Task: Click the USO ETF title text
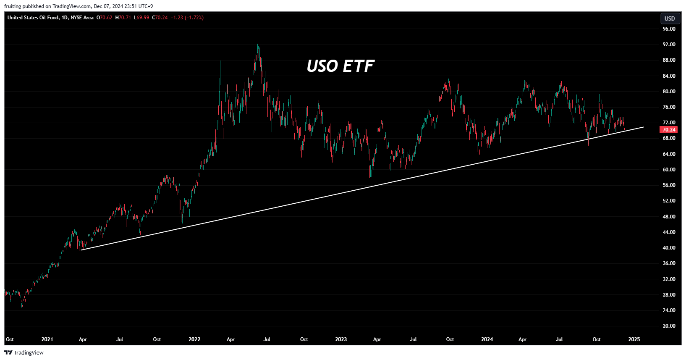[x=340, y=66]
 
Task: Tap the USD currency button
[x=670, y=18]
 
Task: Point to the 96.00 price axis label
[x=669, y=29]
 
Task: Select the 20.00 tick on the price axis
[x=669, y=326]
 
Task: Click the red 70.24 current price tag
[x=669, y=130]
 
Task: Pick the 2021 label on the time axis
[x=47, y=339]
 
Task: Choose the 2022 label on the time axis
[x=194, y=339]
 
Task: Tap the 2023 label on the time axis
[x=341, y=339]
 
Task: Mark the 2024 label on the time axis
[x=487, y=339]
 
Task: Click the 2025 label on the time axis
[x=634, y=339]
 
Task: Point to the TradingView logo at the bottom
[x=24, y=353]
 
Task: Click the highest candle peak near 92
[x=259, y=45]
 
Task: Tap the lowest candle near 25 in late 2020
[x=22, y=306]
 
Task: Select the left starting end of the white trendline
[x=81, y=250]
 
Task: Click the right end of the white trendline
[x=643, y=127]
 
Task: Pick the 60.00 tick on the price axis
[x=669, y=170]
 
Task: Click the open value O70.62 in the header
[x=105, y=18]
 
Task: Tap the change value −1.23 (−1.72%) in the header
[x=187, y=18]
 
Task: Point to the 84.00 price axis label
[x=669, y=76]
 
